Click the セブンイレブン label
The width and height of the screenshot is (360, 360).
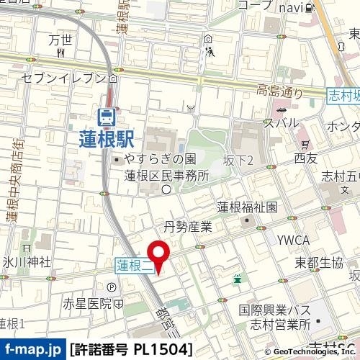pyautogui.click(x=64, y=77)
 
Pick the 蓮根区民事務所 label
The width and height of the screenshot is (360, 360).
pyautogui.click(x=166, y=175)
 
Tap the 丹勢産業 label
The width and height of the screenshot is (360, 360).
pyautogui.click(x=189, y=227)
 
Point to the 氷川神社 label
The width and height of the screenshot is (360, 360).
pyautogui.click(x=24, y=261)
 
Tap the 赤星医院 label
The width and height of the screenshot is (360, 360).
pyautogui.click(x=84, y=303)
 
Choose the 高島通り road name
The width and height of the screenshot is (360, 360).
pyautogui.click(x=282, y=91)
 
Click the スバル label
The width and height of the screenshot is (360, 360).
pyautogui.click(x=281, y=122)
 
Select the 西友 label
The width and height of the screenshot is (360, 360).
pyautogui.click(x=305, y=157)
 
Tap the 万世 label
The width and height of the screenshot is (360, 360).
pyautogui.click(x=61, y=40)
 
